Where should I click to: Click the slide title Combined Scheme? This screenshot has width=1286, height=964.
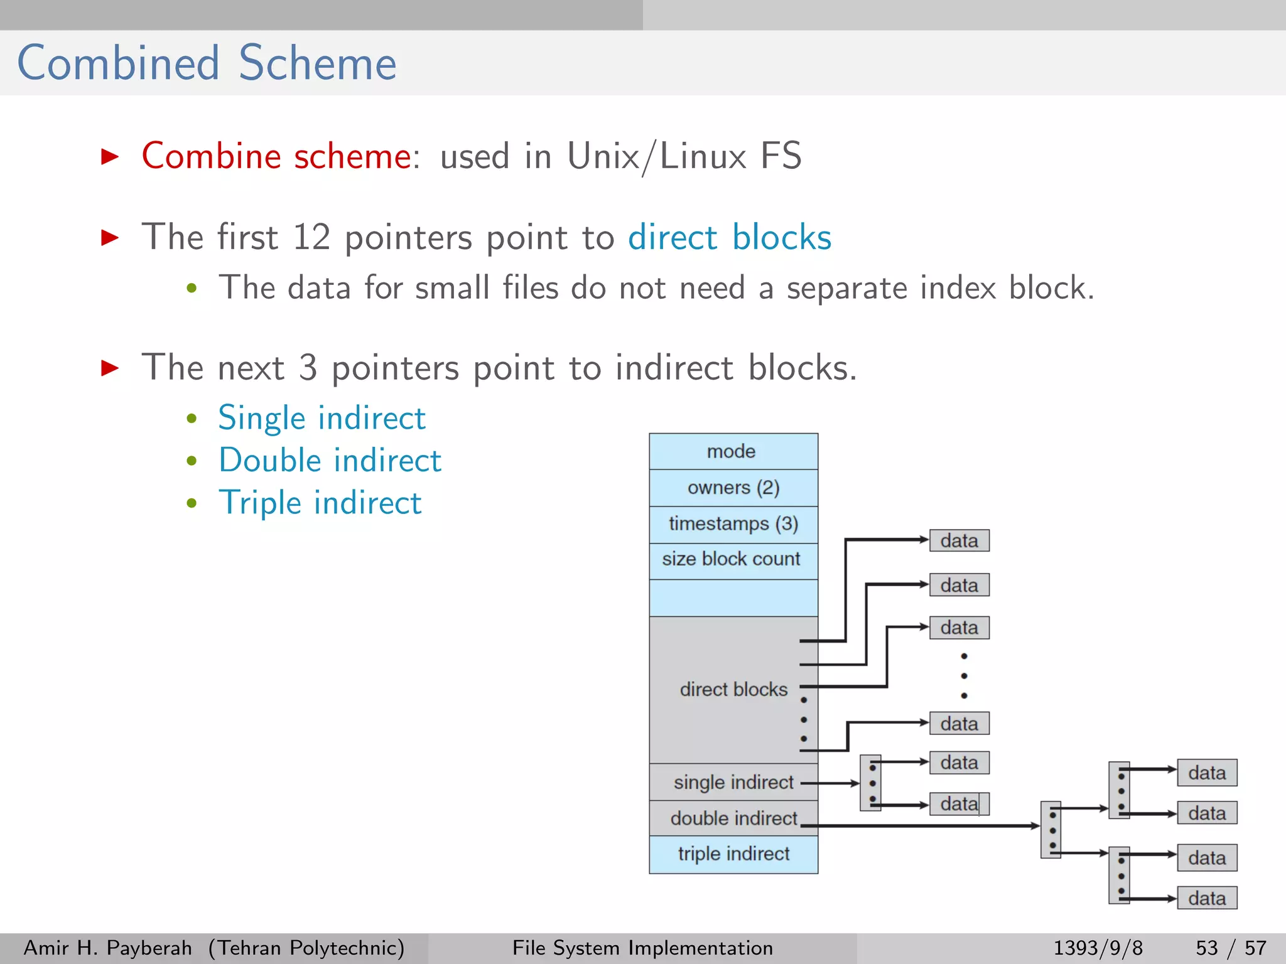click(x=207, y=63)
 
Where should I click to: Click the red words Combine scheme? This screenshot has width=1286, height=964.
click(x=276, y=156)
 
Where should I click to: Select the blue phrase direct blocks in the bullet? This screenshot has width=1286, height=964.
click(x=730, y=237)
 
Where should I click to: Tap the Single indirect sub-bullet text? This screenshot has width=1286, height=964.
click(x=321, y=418)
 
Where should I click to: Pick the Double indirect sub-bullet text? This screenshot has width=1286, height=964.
click(x=330, y=460)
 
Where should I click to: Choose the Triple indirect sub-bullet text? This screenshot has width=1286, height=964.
click(x=320, y=503)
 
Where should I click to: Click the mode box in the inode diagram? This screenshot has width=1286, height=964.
click(x=733, y=451)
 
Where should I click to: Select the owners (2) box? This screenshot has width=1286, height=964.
click(x=733, y=488)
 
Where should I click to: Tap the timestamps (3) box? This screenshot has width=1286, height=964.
click(x=733, y=523)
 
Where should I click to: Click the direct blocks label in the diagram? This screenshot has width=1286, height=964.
click(x=733, y=689)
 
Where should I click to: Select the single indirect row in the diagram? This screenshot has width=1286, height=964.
click(x=733, y=782)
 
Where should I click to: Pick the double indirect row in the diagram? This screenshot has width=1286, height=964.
click(x=733, y=818)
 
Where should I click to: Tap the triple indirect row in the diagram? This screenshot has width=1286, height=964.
click(x=733, y=854)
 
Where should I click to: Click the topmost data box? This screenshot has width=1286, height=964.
click(x=959, y=540)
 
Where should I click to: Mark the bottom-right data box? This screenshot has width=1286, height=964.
click(x=1206, y=898)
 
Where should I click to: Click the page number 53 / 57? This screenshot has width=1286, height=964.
click(x=1230, y=948)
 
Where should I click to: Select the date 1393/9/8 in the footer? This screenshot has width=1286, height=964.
click(x=1098, y=948)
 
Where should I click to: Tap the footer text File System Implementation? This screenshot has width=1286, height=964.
click(x=642, y=948)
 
